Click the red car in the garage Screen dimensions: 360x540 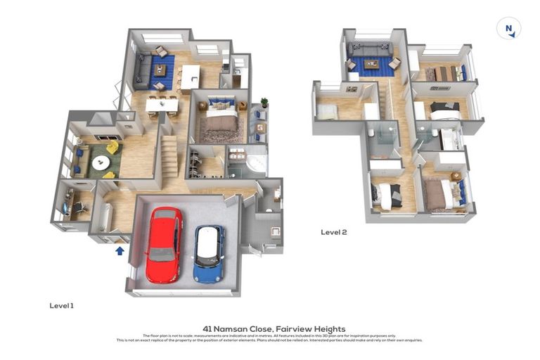(164, 243)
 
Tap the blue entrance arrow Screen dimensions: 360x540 (120, 250)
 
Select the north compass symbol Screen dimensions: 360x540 (508, 29)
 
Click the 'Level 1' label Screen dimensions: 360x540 (61, 306)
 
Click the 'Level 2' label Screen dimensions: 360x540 (333, 232)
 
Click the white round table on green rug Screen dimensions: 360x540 (101, 162)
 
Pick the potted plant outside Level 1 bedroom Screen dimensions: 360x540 (264, 103)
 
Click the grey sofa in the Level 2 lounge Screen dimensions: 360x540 (370, 51)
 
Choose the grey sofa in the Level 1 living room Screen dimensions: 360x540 (141, 70)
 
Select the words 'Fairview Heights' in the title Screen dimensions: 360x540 (310, 328)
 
